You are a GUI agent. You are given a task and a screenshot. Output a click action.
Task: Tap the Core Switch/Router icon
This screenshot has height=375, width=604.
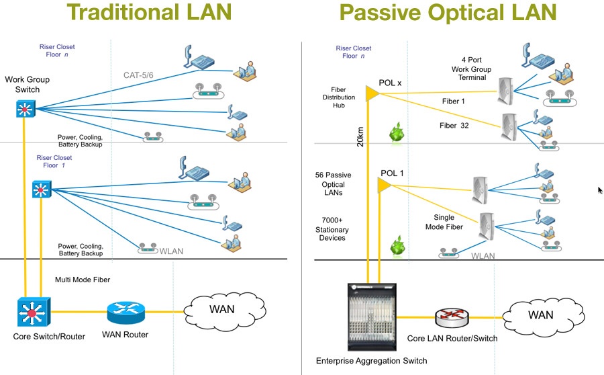[31, 311]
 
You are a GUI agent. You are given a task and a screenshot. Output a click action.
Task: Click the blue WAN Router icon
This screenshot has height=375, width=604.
[125, 312]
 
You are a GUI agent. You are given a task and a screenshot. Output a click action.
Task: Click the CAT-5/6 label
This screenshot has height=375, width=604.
[142, 75]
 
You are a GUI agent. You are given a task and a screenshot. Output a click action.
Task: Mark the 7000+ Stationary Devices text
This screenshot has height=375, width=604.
[333, 229]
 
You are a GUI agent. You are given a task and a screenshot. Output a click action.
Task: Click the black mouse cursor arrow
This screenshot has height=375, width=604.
[600, 191]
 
